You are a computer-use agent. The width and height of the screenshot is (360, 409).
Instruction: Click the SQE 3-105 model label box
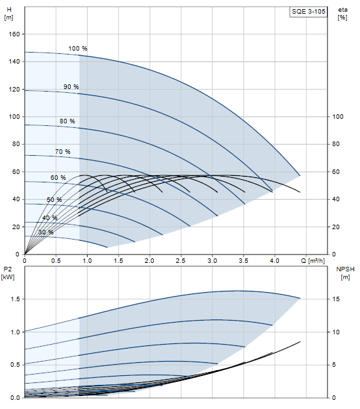point(308,12)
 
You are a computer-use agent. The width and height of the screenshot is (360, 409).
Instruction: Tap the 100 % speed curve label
point(78,49)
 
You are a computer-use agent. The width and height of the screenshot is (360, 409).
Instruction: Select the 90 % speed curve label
point(71,87)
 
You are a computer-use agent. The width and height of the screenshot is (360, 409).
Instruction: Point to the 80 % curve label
point(67,121)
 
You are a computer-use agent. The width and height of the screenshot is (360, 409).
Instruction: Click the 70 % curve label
point(62,151)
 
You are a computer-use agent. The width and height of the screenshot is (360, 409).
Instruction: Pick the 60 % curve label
point(58,178)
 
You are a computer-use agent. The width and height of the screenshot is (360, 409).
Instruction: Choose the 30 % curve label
point(46,232)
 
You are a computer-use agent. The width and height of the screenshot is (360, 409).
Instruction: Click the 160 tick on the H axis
point(14,34)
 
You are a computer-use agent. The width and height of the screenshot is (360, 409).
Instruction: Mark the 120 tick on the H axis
point(14,89)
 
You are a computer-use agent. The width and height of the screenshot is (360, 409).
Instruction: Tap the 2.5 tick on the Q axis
point(181,260)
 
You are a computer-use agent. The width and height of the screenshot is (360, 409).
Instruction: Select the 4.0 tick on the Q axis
point(274,260)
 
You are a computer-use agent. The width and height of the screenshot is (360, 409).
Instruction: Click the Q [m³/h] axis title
point(313,261)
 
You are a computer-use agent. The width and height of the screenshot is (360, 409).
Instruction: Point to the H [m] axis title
point(9,14)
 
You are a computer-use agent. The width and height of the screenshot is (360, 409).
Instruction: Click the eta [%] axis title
point(342,14)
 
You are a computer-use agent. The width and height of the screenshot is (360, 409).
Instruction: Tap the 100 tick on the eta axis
point(337,117)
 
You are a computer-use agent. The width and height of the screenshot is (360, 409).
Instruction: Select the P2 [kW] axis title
point(8,273)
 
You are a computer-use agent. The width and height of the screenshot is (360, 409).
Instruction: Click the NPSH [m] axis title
point(345,273)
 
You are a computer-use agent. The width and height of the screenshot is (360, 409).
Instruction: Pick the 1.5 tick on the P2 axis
point(15,299)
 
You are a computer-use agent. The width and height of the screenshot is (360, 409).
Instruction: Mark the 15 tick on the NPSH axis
point(336,299)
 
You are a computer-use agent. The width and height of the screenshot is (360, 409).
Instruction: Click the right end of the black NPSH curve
point(300,341)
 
